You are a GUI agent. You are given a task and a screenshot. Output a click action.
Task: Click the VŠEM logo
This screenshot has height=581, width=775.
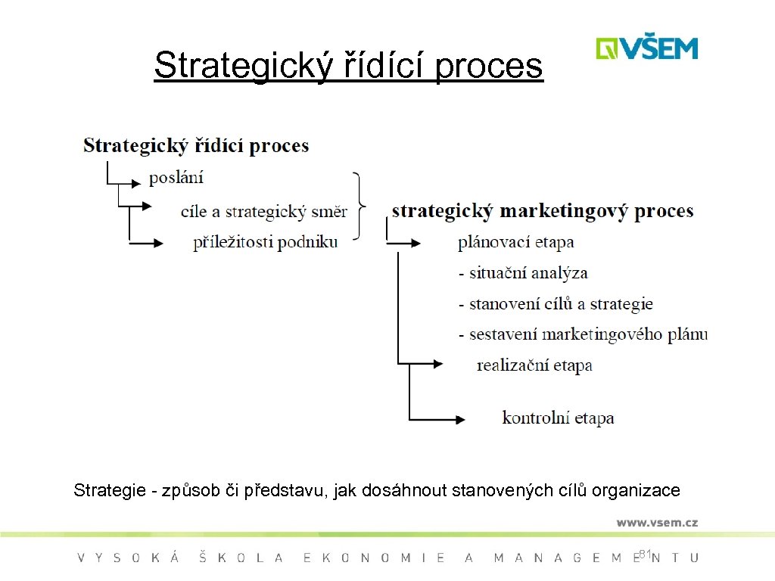[x=646, y=48]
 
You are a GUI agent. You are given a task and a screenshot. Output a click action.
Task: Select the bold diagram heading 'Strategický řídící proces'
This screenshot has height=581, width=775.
[x=196, y=145]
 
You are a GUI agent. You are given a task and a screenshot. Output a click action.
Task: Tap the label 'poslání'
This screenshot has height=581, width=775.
[x=176, y=178]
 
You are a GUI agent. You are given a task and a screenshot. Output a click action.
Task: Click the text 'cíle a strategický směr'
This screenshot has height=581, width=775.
[x=263, y=211]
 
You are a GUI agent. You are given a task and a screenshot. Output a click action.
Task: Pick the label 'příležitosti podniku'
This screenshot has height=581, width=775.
[x=265, y=242]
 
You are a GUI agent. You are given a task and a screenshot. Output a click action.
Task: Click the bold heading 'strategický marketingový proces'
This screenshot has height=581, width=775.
[x=542, y=210]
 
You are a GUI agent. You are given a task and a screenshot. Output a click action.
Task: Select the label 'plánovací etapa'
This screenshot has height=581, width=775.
[x=515, y=242]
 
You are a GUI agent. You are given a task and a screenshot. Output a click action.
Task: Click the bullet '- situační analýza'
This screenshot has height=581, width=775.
[x=522, y=273]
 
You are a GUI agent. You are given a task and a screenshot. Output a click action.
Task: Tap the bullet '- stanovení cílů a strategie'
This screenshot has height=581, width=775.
[x=555, y=304]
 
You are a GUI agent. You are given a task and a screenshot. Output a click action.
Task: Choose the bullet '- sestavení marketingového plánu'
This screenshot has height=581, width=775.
[x=583, y=334]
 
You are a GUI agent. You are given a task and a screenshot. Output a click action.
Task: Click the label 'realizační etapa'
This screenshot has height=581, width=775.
[x=534, y=365]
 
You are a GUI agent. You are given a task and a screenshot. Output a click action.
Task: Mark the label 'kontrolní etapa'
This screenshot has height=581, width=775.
[x=558, y=418]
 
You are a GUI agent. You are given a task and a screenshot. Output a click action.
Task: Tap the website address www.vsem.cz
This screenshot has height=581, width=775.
[x=656, y=522]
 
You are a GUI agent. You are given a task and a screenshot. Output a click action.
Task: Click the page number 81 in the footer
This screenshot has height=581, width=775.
[x=645, y=555]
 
